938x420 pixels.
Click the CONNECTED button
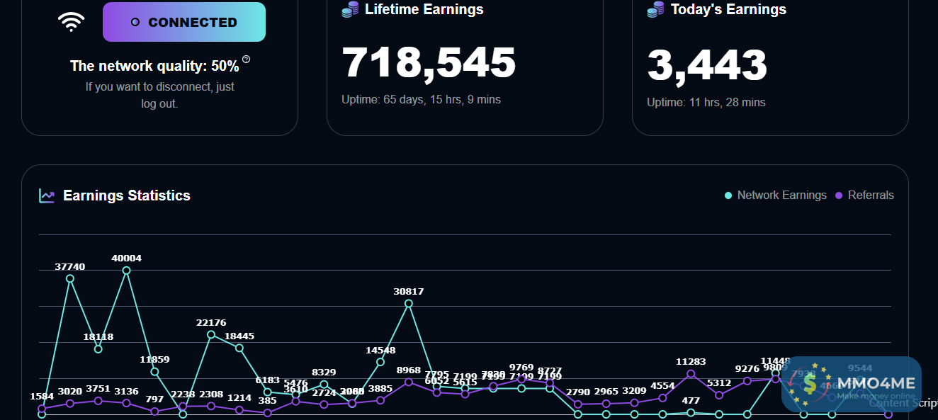pyautogui.click(x=184, y=22)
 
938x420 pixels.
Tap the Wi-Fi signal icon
pyautogui.click(x=71, y=22)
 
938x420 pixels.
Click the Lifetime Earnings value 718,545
pyautogui.click(x=429, y=62)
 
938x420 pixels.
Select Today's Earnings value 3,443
pyautogui.click(x=707, y=64)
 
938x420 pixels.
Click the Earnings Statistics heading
pyautogui.click(x=127, y=195)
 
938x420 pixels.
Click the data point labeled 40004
pyautogui.click(x=127, y=270)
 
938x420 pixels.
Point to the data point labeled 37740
pyautogui.click(x=70, y=278)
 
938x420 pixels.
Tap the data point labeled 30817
pyautogui.click(x=409, y=303)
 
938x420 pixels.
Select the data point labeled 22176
pyautogui.click(x=211, y=334)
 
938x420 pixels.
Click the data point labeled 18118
pyautogui.click(x=98, y=348)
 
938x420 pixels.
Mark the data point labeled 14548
pyautogui.click(x=380, y=362)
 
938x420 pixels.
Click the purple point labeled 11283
pyautogui.click(x=691, y=374)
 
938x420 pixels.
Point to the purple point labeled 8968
pyautogui.click(x=409, y=382)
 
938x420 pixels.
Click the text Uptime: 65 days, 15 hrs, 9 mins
pyautogui.click(x=421, y=100)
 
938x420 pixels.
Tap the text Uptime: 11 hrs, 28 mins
pyautogui.click(x=706, y=103)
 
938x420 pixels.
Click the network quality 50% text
pyautogui.click(x=154, y=67)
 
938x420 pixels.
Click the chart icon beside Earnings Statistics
pyautogui.click(x=47, y=195)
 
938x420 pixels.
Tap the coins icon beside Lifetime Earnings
pyautogui.click(x=350, y=10)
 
